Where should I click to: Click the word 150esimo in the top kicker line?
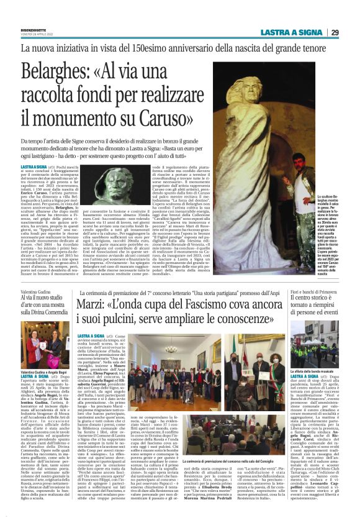(x=176, y=47)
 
